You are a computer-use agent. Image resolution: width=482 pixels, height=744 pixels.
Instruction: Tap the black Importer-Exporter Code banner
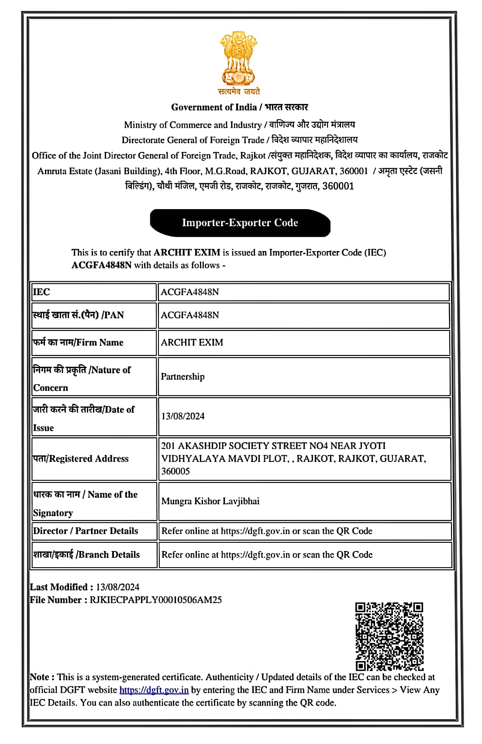click(x=240, y=223)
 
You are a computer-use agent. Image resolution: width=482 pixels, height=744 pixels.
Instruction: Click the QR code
click(x=389, y=636)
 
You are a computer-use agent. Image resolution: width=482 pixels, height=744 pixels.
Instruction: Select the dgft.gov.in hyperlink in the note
click(x=154, y=690)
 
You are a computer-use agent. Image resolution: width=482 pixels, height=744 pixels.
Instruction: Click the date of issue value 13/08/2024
click(x=183, y=416)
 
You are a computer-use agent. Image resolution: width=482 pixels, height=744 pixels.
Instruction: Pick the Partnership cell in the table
click(x=182, y=376)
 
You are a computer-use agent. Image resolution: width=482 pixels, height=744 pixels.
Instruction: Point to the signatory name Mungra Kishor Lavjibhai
click(x=210, y=501)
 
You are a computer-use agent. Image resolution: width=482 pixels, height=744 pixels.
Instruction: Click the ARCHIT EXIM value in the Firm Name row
click(x=192, y=342)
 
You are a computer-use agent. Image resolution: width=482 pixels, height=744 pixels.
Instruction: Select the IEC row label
click(x=41, y=292)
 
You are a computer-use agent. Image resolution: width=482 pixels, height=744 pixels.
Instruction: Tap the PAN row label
click(x=79, y=315)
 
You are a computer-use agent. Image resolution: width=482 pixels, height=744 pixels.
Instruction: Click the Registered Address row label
click(x=81, y=458)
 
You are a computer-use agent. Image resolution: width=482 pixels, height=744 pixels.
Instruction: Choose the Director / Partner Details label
click(x=86, y=531)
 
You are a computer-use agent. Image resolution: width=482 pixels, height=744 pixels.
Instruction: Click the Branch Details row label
click(x=86, y=555)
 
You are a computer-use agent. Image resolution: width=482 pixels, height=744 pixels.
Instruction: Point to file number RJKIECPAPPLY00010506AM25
click(x=155, y=599)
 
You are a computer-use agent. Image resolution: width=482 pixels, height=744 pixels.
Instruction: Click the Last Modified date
click(x=117, y=587)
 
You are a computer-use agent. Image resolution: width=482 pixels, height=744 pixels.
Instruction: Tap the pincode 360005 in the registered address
click(x=176, y=471)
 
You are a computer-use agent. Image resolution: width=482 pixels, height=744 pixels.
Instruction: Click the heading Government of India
click(x=213, y=107)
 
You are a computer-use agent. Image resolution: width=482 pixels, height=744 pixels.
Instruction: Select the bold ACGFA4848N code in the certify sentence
click(x=101, y=265)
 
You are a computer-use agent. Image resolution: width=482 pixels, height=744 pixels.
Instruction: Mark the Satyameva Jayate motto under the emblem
click(x=239, y=91)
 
